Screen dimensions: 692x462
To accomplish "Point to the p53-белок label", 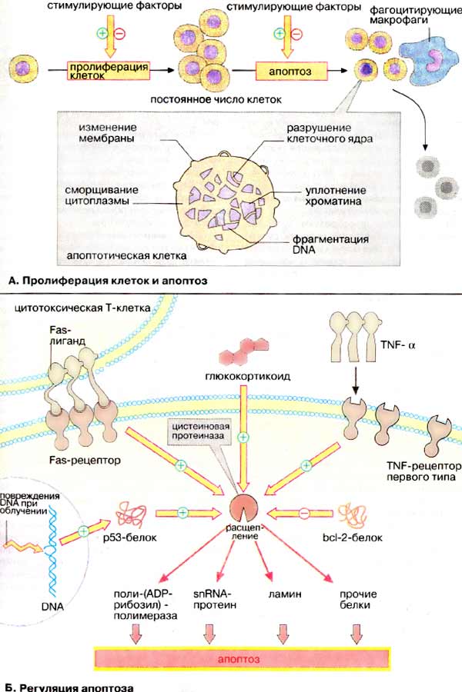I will tap(139, 537).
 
